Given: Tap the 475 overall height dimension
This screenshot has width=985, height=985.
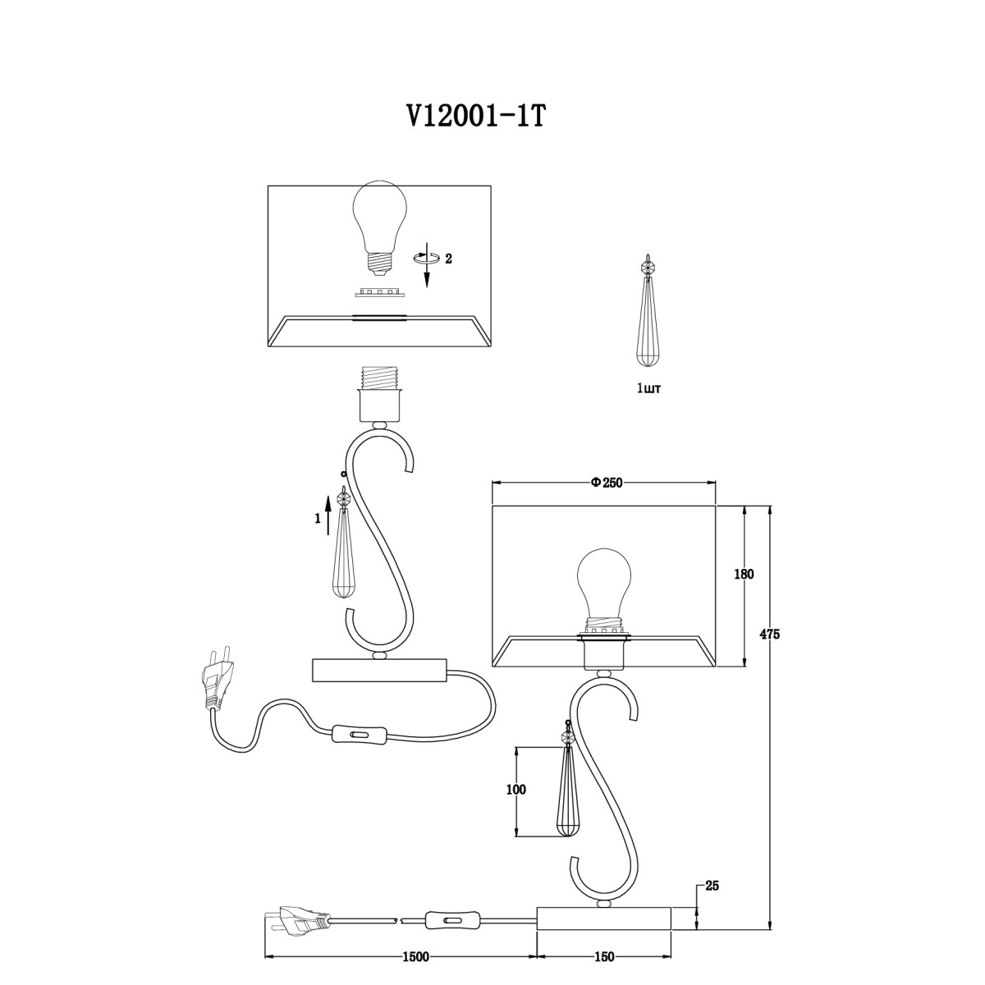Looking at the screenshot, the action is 769,635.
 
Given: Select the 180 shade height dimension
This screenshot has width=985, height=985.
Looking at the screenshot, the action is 744,574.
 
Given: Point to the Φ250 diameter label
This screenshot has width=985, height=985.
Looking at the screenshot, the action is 607,483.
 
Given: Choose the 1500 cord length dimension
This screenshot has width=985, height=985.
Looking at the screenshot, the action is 415,957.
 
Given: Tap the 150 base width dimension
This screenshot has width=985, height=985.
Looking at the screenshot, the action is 604,957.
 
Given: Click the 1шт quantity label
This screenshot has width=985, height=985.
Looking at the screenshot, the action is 648,389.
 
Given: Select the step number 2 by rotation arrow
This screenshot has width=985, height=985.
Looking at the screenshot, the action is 448,259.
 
